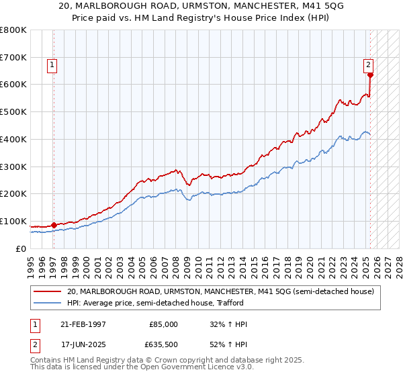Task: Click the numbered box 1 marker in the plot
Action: point(52,65)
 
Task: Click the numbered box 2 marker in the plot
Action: point(368,65)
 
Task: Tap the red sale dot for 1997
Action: point(53,225)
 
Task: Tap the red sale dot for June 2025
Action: point(370,75)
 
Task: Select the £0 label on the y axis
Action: point(21,249)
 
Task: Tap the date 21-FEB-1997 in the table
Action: point(83,324)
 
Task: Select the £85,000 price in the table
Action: point(163,324)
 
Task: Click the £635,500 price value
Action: point(163,346)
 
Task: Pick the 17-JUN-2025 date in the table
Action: point(83,346)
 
